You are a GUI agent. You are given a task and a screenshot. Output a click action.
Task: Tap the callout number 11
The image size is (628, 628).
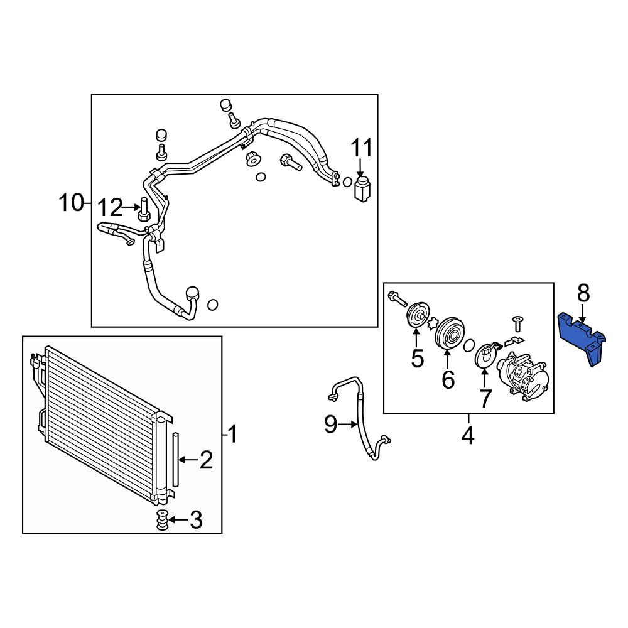pos(362,148)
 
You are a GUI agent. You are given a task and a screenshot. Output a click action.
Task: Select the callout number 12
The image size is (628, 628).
pos(110,208)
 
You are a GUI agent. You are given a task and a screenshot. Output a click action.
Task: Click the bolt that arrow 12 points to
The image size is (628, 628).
pos(144,210)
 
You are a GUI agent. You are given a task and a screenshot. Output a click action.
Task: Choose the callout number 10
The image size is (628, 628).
pos(71,203)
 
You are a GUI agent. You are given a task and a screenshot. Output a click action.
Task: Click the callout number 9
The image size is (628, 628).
pos(331,424)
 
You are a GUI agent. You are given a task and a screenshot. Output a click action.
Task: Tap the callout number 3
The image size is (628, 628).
pos(196,520)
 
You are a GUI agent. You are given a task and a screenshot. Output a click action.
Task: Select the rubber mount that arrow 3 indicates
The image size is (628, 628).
pos(162,520)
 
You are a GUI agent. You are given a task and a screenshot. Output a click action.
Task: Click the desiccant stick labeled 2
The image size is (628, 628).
pos(175,460)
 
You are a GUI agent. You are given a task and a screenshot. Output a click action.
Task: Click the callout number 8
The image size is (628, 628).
pos(583,293)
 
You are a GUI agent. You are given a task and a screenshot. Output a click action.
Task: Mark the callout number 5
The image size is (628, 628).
pos(417,358)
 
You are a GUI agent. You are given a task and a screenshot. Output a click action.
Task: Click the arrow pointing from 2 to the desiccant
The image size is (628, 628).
pos(188,460)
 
